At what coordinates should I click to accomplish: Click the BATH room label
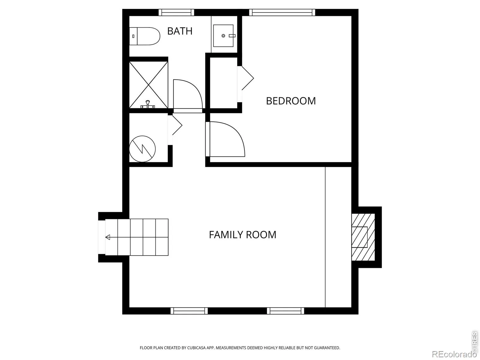[180, 31]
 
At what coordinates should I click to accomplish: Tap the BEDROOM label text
[291, 101]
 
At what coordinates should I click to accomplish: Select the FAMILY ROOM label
[242, 235]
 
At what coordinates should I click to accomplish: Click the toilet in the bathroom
[145, 36]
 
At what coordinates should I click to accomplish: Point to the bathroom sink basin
[223, 36]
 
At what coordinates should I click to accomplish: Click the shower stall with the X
[148, 85]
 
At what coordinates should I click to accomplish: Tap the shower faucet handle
[148, 104]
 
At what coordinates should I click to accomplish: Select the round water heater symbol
[142, 149]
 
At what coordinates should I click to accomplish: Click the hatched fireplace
[363, 237]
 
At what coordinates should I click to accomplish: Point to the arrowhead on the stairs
[108, 237]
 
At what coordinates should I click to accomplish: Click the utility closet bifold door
[177, 125]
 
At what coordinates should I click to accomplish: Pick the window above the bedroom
[282, 13]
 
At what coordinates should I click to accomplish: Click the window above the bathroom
[176, 13]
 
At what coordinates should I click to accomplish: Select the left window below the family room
[189, 311]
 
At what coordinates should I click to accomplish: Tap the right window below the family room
[285, 311]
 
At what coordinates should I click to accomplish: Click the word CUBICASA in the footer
[196, 348]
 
